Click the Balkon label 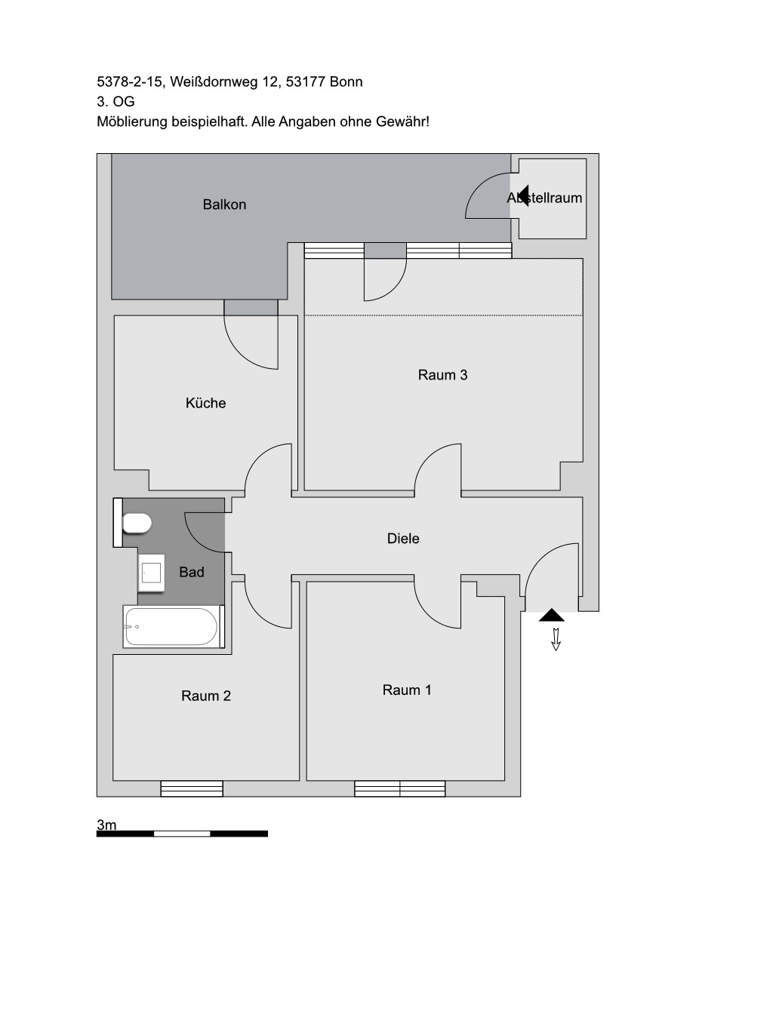224,204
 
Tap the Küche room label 205,403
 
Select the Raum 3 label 442,375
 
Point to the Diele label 403,538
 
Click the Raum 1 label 407,690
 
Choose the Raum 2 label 205,696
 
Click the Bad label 192,572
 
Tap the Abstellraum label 544,198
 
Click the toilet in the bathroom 137,523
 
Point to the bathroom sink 152,573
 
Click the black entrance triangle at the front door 552,615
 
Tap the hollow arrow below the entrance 556,639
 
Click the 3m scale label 106,825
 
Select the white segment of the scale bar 182,834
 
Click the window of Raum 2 192,788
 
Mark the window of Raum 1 400,788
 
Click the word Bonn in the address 346,81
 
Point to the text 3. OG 115,102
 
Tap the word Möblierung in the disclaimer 132,122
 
